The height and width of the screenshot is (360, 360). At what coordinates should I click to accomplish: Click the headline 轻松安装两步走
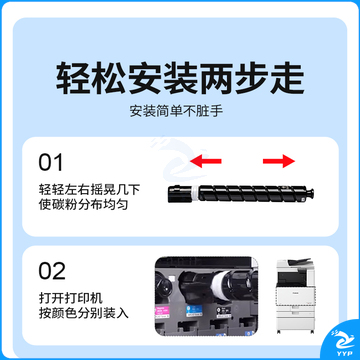click(180, 78)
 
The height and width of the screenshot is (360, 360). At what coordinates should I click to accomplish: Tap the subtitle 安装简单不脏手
click(176, 111)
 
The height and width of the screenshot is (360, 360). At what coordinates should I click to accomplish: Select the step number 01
click(51, 163)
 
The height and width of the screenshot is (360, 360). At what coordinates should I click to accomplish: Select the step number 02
click(52, 271)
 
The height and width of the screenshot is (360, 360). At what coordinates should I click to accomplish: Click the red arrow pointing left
click(206, 161)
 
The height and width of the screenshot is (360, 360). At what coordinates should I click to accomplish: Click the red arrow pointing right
click(279, 161)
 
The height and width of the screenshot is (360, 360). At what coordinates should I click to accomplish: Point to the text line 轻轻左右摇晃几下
click(89, 190)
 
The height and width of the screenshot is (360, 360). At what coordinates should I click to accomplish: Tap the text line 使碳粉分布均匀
click(83, 204)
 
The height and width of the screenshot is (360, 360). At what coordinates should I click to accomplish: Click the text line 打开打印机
click(71, 298)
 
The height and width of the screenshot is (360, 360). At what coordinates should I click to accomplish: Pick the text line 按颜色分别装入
click(83, 313)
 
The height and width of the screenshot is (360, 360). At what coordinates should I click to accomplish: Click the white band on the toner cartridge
click(194, 194)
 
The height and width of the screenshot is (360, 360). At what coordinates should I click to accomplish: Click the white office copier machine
click(295, 296)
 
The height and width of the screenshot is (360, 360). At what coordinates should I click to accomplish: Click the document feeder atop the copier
click(294, 262)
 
